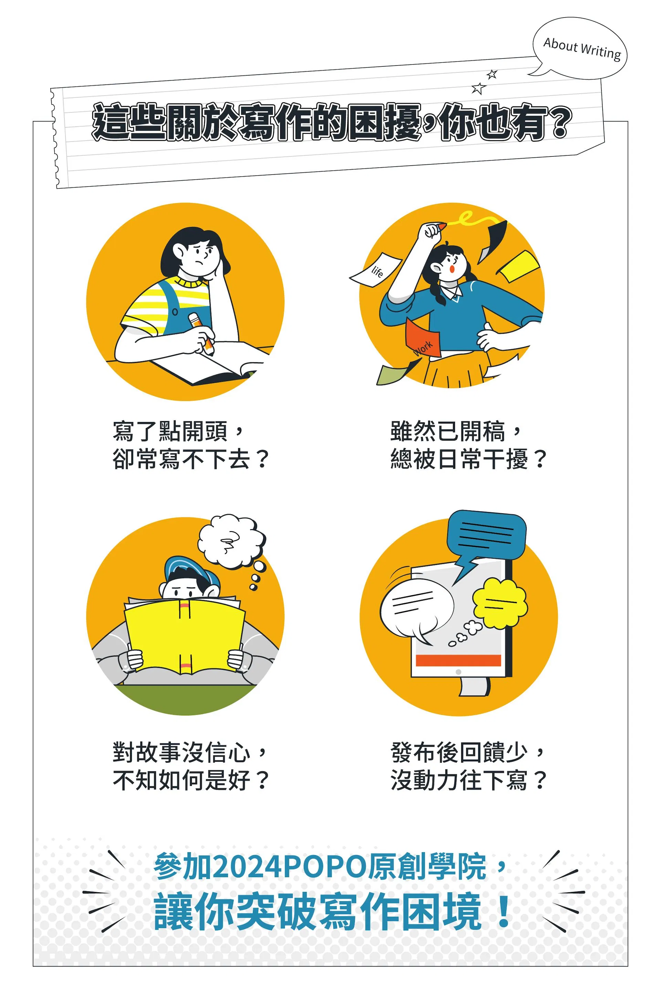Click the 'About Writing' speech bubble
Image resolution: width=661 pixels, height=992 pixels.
pyautogui.click(x=580, y=48)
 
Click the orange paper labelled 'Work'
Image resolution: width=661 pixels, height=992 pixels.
pyautogui.click(x=423, y=339)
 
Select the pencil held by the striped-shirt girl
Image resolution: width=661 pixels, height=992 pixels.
pyautogui.click(x=201, y=333)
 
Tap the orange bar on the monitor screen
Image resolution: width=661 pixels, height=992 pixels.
pyautogui.click(x=458, y=660)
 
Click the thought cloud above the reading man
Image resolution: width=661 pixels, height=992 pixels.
pyautogui.click(x=231, y=541)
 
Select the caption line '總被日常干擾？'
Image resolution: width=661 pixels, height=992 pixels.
pyautogui.click(x=468, y=458)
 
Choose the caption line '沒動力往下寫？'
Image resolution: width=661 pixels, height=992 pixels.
pyautogui.click(x=468, y=780)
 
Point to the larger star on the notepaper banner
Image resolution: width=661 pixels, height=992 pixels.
pyautogui.click(x=478, y=88)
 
